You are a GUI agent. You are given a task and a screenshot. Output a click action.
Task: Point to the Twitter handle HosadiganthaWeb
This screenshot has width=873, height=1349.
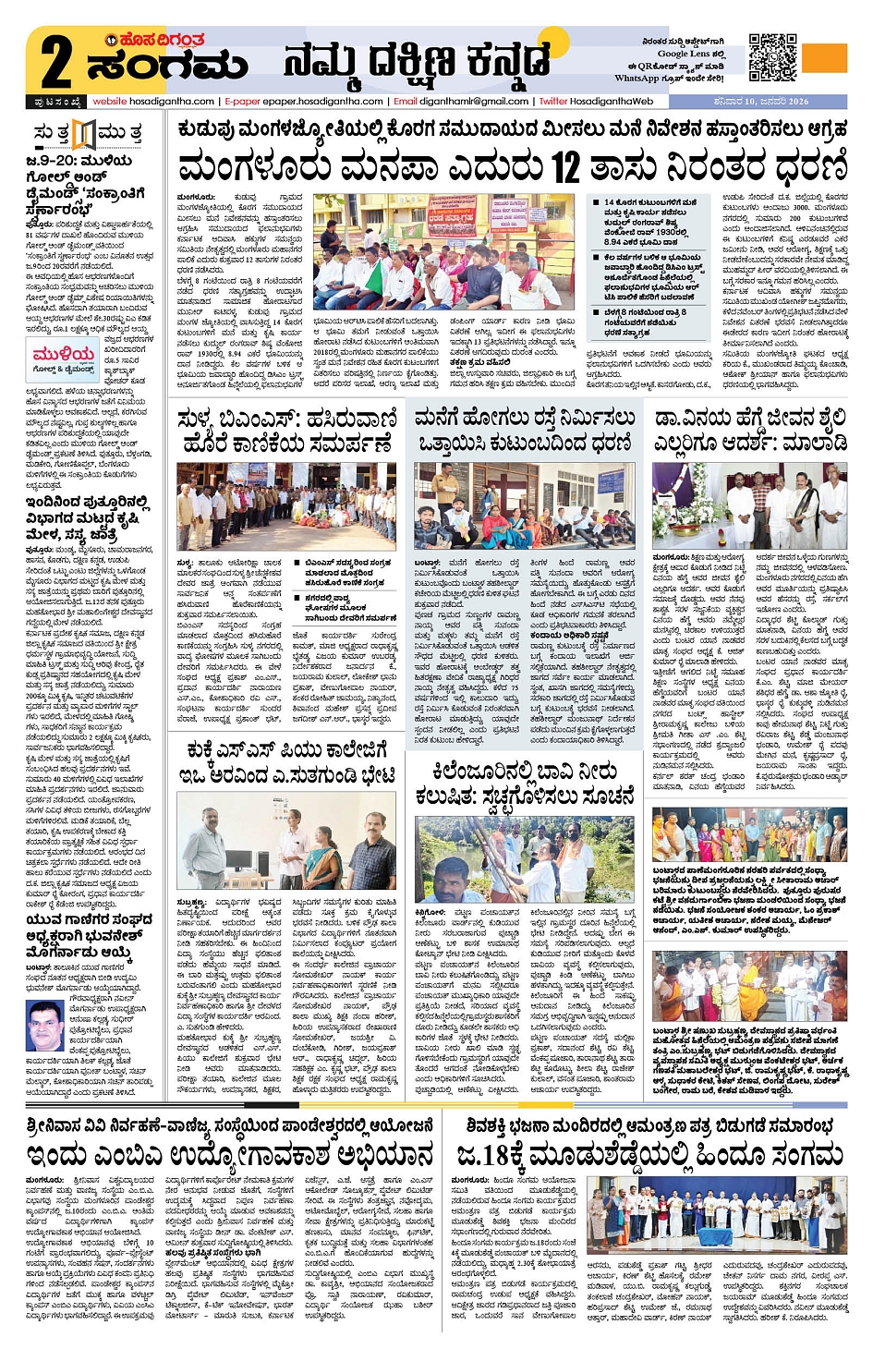(x=611, y=102)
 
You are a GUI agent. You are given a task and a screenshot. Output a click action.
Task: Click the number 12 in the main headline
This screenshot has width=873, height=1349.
(x=565, y=168)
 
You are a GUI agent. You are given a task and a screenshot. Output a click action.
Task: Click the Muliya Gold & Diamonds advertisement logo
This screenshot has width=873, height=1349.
(x=64, y=359)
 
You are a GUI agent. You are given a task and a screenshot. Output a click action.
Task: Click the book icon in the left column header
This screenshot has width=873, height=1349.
(x=84, y=135)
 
